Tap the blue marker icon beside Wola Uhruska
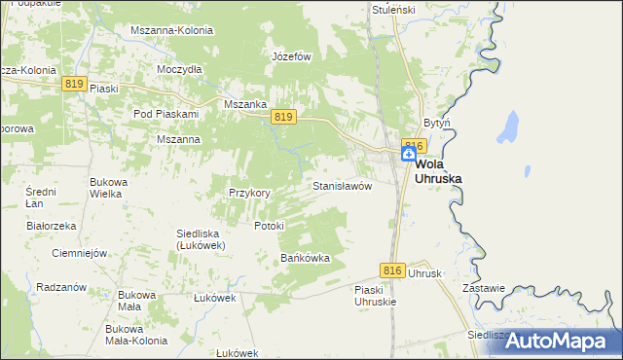click(x=409, y=154)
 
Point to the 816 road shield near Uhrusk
click(x=391, y=270)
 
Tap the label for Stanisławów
click(x=342, y=185)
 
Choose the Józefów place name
click(x=291, y=56)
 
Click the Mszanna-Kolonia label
click(x=171, y=30)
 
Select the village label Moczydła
click(x=179, y=69)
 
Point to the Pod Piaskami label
click(x=165, y=114)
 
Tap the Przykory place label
click(x=249, y=193)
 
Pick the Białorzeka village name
click(x=52, y=226)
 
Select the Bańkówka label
click(x=306, y=258)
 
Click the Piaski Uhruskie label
click(x=376, y=295)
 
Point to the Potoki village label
click(x=269, y=226)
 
